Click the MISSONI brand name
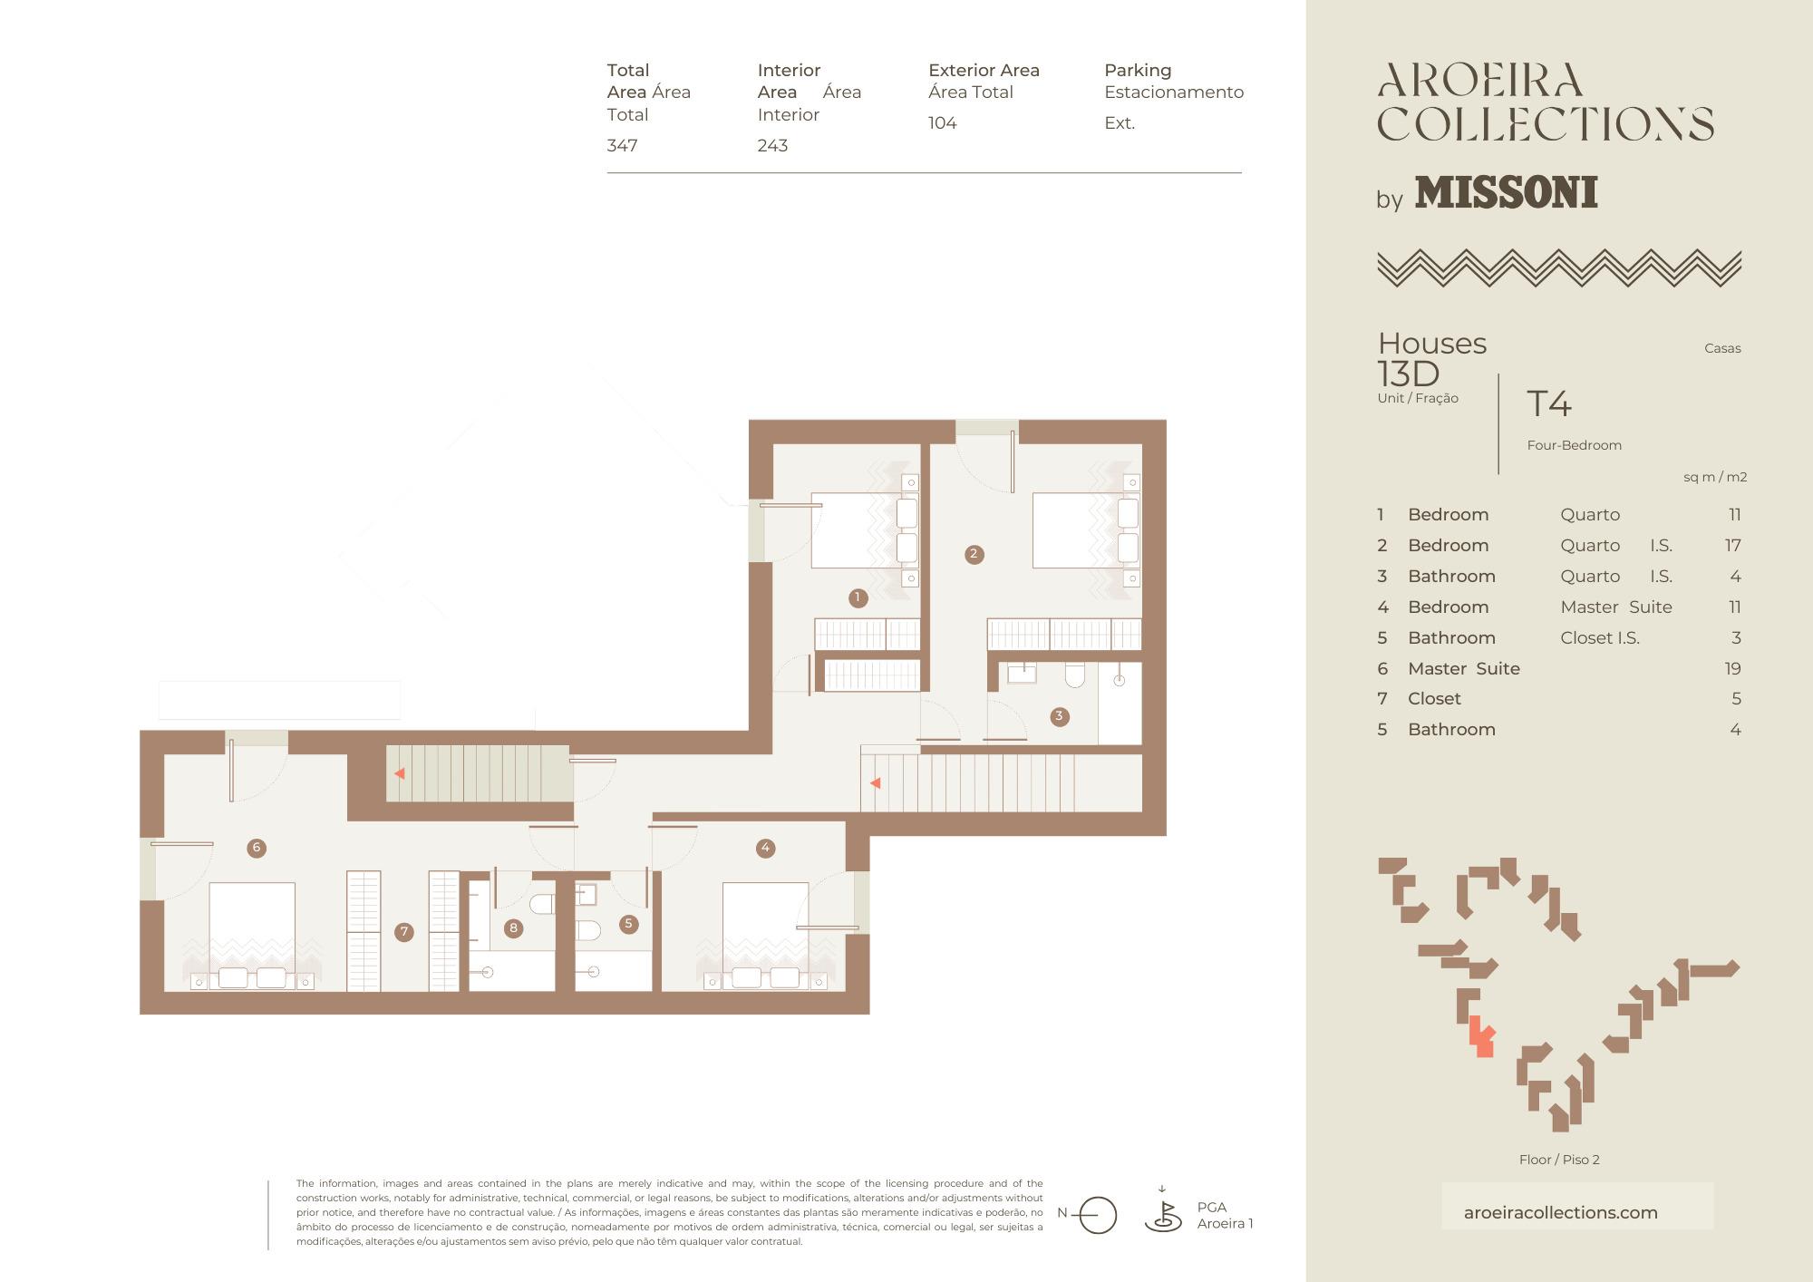(1506, 192)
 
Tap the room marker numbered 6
(257, 848)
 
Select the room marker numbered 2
(974, 554)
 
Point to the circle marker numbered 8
(513, 928)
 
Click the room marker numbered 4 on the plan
(765, 848)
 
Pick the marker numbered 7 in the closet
(404, 931)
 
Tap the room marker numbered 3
(1059, 716)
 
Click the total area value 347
(622, 145)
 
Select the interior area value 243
(772, 145)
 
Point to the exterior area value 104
(942, 122)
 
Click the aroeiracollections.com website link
(1560, 1212)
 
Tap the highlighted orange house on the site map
(1481, 1036)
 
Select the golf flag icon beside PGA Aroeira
(1163, 1212)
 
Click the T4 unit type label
(1548, 403)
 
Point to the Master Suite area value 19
(1732, 668)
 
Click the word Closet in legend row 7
(1434, 698)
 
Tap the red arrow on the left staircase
(399, 773)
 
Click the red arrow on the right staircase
(875, 782)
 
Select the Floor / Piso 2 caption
(1559, 1160)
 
